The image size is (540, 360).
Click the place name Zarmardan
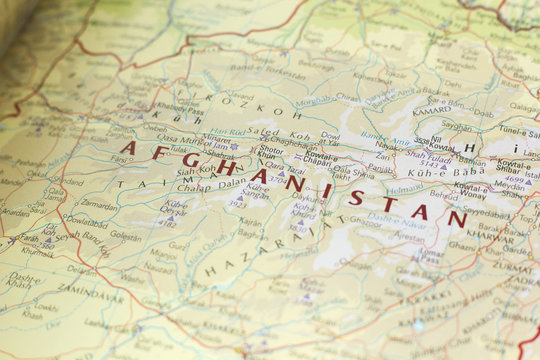point(99,203)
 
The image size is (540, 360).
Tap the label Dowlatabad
point(85,220)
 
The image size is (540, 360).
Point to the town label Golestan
point(125,237)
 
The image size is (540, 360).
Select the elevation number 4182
point(168,223)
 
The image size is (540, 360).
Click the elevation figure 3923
point(236,202)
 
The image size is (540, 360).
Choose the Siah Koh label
point(200,170)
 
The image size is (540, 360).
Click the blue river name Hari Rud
point(228,131)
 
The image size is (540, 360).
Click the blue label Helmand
point(405,187)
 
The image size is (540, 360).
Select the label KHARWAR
point(489,238)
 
